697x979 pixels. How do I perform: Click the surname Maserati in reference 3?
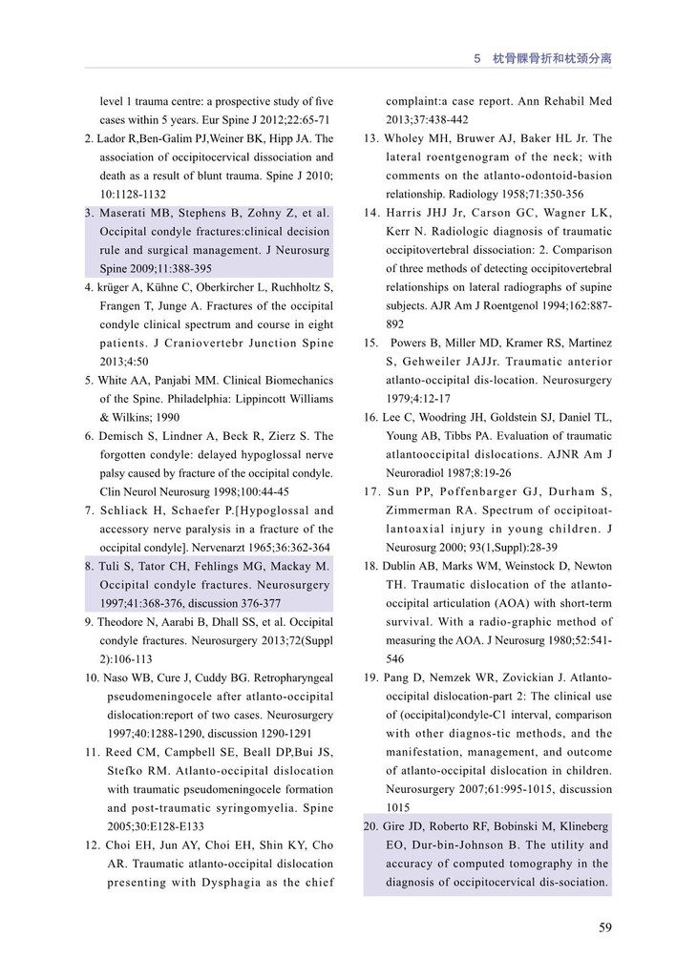(130, 213)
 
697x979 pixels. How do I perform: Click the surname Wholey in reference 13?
(409, 138)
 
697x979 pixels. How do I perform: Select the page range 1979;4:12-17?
(419, 399)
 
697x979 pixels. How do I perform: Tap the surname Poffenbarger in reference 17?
(486, 491)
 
